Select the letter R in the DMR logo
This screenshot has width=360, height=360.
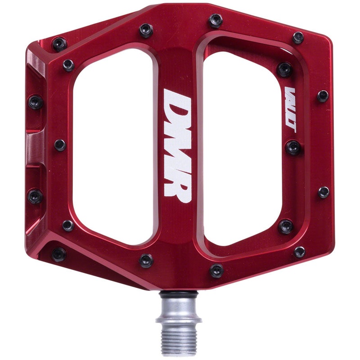(x=177, y=183)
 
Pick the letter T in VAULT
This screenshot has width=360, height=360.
(x=290, y=128)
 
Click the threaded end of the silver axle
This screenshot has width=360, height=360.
(x=177, y=340)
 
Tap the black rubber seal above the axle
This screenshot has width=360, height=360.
(x=178, y=293)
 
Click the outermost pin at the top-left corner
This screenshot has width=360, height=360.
(x=59, y=44)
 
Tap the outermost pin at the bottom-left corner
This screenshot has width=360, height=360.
(x=58, y=254)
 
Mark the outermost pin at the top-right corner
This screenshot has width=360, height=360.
(x=298, y=38)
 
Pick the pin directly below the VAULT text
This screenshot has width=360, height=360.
(x=293, y=147)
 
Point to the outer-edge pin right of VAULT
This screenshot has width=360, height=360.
(x=323, y=96)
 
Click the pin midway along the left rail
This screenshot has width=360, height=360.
(x=59, y=145)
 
